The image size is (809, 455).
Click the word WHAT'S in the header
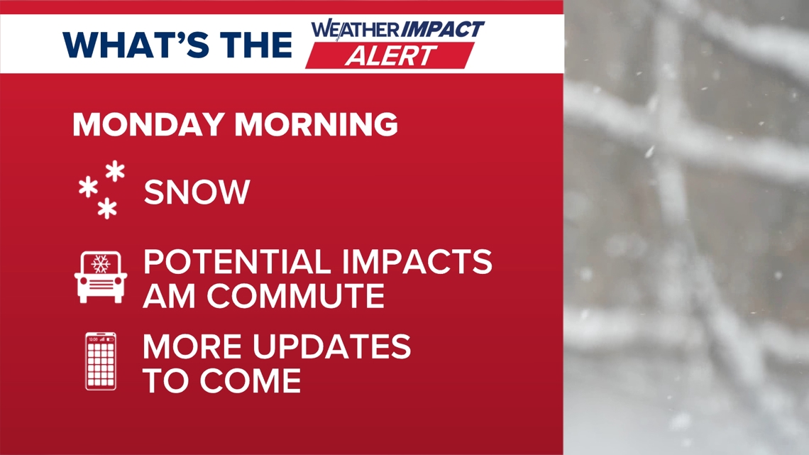(x=136, y=45)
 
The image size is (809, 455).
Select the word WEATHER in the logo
(x=356, y=29)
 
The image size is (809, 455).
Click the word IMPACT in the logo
(x=443, y=29)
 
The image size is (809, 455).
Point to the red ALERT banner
(x=390, y=55)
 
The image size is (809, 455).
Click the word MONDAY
(x=148, y=124)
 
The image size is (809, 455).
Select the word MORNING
(x=317, y=124)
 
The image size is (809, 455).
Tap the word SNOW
(x=197, y=192)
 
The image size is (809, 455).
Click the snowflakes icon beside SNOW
(x=101, y=190)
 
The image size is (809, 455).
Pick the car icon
(x=101, y=277)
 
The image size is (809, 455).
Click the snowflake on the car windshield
(x=101, y=263)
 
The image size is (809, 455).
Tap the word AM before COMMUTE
(x=169, y=295)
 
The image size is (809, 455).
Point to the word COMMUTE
(x=296, y=295)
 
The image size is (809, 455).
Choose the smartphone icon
(x=101, y=361)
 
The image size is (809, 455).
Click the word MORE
(x=192, y=346)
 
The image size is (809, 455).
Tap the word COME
(x=251, y=380)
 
